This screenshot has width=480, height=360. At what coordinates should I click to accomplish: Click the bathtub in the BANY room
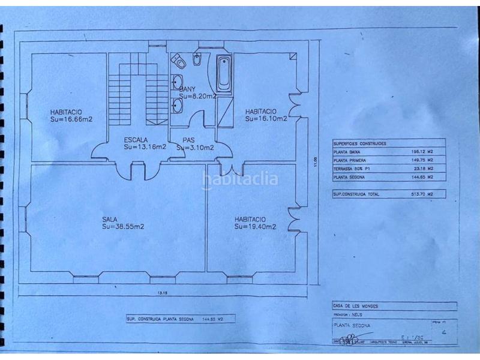point(223,74)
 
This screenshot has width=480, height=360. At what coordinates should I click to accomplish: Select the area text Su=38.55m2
point(122,227)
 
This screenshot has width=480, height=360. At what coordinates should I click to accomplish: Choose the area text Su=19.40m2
point(256,227)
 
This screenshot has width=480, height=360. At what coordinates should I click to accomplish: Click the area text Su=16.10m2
point(266,119)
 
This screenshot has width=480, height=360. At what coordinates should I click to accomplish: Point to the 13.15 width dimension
point(161,293)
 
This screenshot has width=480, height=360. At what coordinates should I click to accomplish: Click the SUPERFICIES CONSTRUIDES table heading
point(360,144)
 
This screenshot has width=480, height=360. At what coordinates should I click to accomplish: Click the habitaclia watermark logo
point(240,178)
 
